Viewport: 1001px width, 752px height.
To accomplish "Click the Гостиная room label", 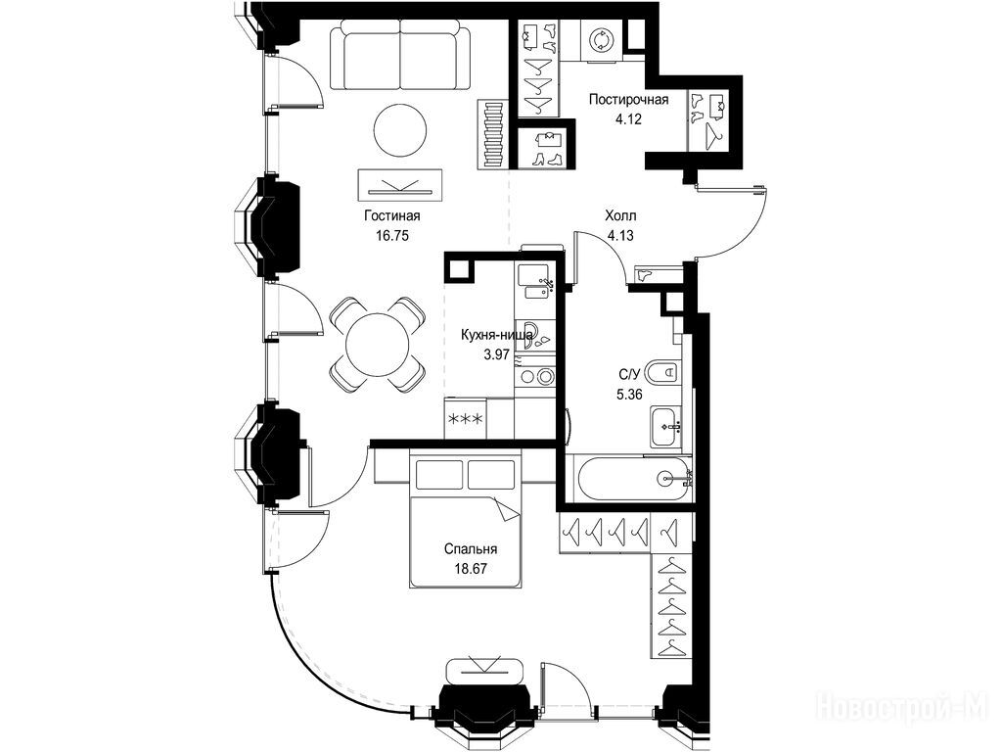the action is point(392,216).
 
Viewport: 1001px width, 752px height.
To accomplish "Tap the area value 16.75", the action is point(392,235).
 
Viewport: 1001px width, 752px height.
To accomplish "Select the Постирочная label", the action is point(629,100).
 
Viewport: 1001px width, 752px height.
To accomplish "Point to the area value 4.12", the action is point(628,118).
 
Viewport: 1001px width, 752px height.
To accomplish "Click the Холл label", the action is point(620,216).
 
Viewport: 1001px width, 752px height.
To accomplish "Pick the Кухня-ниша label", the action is point(497,335).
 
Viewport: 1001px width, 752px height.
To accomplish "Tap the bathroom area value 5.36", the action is point(629,395).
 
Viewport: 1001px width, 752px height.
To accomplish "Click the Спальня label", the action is point(471,549).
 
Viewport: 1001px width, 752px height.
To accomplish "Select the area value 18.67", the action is point(471,569).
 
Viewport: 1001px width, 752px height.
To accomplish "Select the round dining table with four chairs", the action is point(378,345).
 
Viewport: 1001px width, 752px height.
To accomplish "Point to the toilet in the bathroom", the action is point(662,370).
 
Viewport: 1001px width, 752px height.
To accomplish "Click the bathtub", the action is point(633,478).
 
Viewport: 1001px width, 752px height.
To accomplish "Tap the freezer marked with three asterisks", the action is point(466,418).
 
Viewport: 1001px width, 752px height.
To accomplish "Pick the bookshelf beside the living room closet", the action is point(493,135).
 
